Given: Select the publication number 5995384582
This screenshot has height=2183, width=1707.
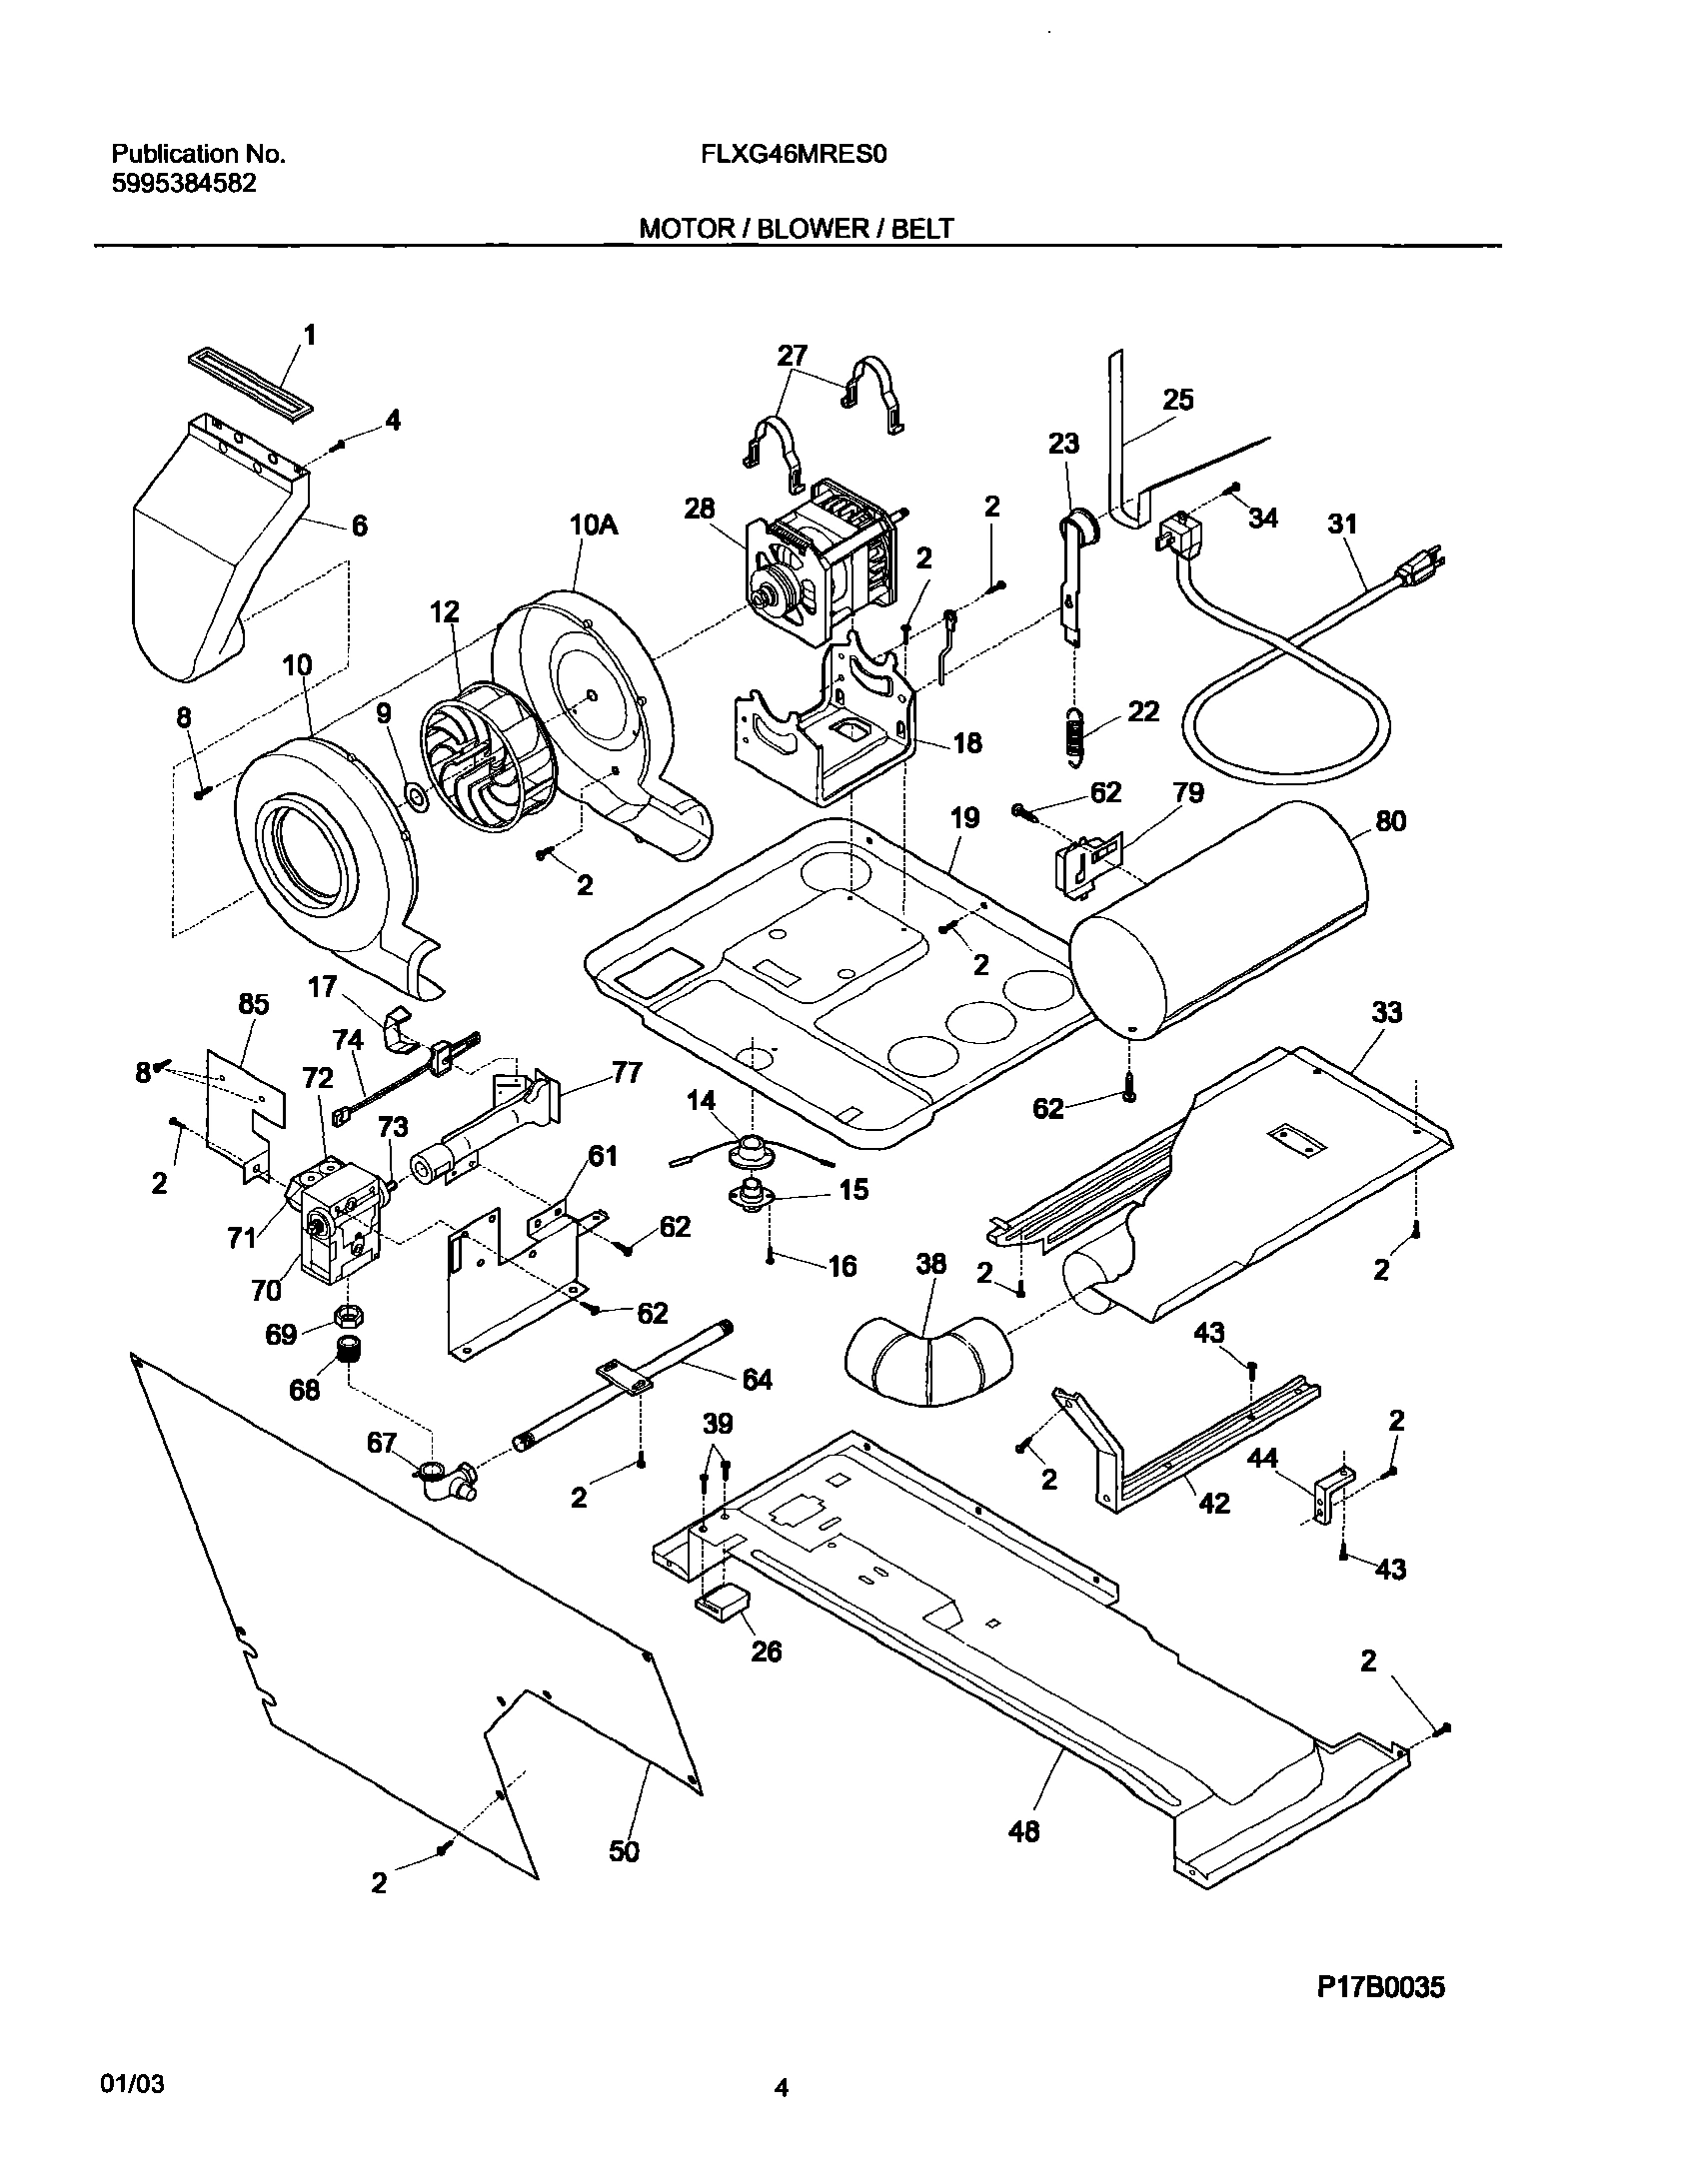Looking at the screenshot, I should point(183,184).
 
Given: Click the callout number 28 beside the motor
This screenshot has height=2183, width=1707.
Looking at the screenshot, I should point(699,509).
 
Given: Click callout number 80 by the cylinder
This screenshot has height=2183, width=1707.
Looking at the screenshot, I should point(1390,821).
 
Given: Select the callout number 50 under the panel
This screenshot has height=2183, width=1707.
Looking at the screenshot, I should point(624,1851).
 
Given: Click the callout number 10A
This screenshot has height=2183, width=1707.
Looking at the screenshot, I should point(594,524).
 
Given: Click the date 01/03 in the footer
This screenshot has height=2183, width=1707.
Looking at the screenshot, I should point(132,2084).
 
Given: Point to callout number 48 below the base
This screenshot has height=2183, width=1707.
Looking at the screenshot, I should point(1024,1831).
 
